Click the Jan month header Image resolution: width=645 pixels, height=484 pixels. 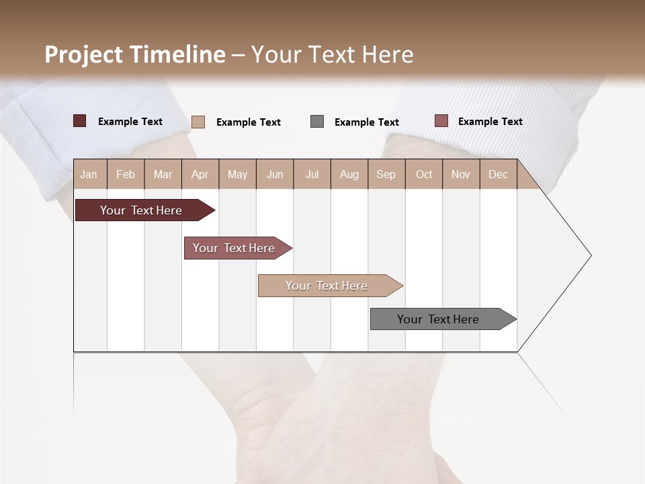coord(89,175)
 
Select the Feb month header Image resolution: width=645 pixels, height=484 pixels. coord(126,175)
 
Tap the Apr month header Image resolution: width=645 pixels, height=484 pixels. coord(200,175)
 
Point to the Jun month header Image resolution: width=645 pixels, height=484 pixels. coord(275,175)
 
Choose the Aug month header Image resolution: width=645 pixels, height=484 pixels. coord(349,175)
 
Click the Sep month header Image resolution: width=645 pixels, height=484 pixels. coord(386,175)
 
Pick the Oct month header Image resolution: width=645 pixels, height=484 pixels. coord(424,175)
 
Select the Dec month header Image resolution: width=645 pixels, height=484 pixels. coord(498,175)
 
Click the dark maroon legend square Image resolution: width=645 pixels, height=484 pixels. coord(80,121)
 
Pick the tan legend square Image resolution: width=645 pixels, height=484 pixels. coord(198,122)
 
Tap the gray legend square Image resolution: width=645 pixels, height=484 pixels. coord(317,122)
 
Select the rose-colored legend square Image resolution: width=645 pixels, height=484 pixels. coord(441,121)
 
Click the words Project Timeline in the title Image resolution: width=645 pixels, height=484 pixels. coord(135,54)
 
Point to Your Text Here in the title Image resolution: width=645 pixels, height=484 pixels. coord(332,54)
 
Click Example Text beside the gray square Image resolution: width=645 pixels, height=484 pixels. coord(366,122)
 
